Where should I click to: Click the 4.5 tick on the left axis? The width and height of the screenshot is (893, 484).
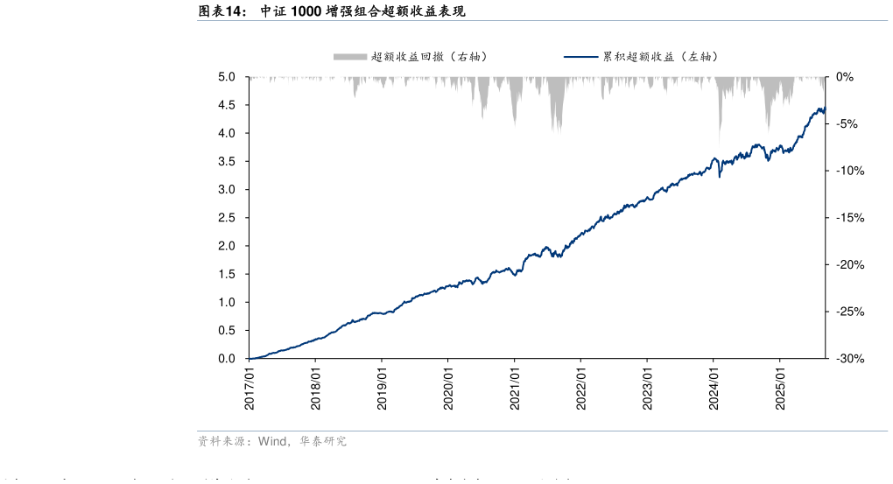pyautogui.click(x=226, y=105)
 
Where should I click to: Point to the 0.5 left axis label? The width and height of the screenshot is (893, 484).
pyautogui.click(x=226, y=330)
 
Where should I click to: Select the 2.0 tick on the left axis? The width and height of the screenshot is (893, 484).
pyautogui.click(x=226, y=246)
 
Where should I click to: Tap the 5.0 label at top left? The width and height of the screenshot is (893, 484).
pyautogui.click(x=226, y=77)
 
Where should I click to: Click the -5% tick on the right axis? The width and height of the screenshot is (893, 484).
pyautogui.click(x=847, y=124)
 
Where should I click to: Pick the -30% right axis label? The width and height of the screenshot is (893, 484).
pyautogui.click(x=848, y=359)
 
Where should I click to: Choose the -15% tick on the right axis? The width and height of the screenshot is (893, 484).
pyautogui.click(x=848, y=218)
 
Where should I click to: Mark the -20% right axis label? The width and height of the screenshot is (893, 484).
pyautogui.click(x=848, y=265)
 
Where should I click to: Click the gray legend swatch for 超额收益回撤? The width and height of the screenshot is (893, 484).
pyautogui.click(x=349, y=57)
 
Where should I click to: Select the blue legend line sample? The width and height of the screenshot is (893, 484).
pyautogui.click(x=580, y=57)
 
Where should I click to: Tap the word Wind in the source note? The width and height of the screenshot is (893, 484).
pyautogui.click(x=273, y=442)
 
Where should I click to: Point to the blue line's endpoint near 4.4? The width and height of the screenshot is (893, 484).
pyautogui.click(x=825, y=109)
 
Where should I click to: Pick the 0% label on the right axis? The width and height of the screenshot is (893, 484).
pyautogui.click(x=844, y=77)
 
